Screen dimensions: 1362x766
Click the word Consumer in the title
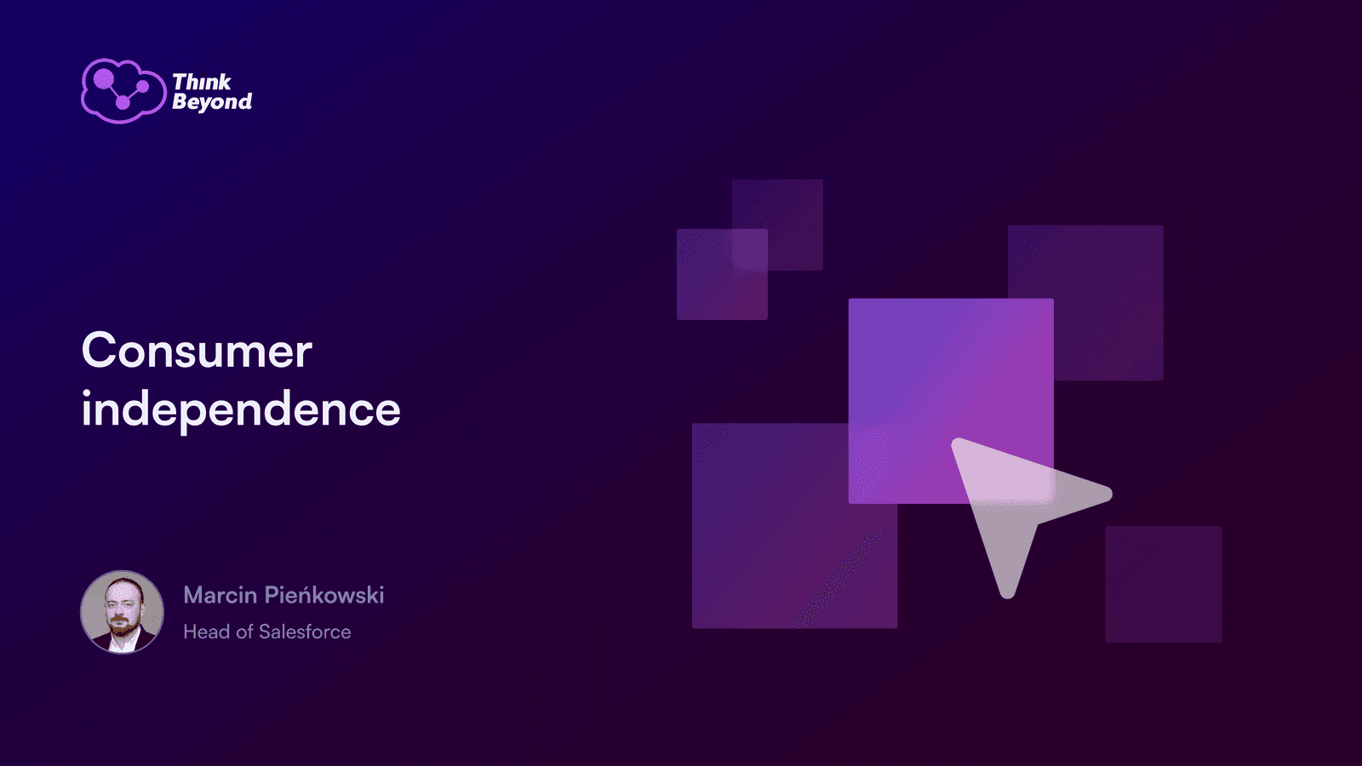tap(197, 350)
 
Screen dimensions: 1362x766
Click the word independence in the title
tap(241, 409)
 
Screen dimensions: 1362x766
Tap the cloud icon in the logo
tap(123, 91)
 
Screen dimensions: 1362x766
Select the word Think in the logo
tap(201, 82)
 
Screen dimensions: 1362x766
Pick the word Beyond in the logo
tap(212, 101)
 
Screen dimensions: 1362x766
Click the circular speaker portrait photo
tap(123, 612)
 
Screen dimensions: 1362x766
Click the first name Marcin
tap(220, 595)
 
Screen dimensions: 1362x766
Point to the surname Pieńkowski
tap(324, 595)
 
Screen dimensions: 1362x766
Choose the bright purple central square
tap(951, 401)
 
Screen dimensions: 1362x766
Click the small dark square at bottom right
tap(1163, 584)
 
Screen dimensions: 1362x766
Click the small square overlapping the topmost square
tap(722, 274)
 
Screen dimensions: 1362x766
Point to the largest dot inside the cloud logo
tap(103, 78)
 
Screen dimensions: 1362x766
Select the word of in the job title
tap(244, 632)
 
